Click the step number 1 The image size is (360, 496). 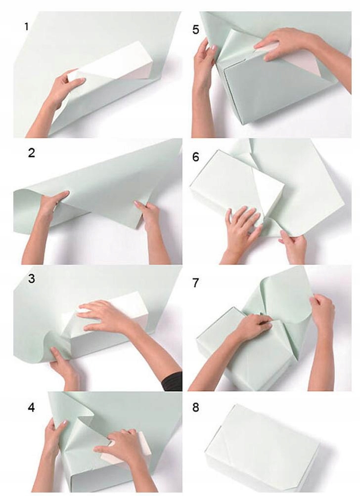27,27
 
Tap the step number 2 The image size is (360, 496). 31,153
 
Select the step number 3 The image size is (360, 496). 31,279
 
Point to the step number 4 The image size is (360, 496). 31,408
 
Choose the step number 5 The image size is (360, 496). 196,30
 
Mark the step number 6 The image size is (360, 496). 196,157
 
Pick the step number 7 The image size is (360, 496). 196,283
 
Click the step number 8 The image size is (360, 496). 196,408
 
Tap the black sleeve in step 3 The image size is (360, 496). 173,381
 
